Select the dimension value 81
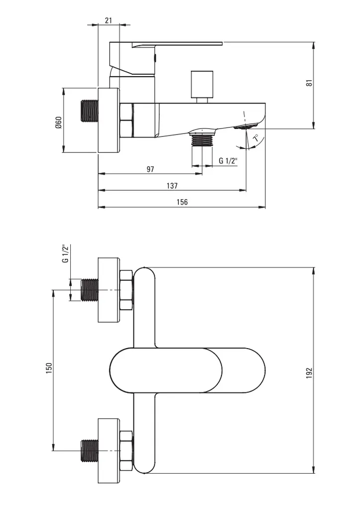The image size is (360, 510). [x=309, y=83]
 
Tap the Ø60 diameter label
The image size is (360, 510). [x=58, y=122]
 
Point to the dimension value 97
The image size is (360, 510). [x=150, y=169]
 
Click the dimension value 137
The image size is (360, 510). [x=172, y=186]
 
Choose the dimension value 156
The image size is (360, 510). [x=182, y=202]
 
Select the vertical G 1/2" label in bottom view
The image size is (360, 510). [x=64, y=254]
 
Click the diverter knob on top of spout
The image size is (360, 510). [x=201, y=85]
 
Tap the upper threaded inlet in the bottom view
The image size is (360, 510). [x=89, y=290]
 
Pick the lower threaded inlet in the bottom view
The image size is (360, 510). [x=89, y=451]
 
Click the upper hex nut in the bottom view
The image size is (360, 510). [x=126, y=290]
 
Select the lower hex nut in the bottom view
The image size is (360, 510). [x=126, y=451]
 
